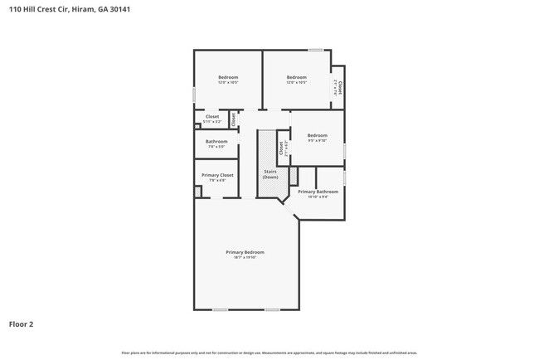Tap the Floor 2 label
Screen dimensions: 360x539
coord(22,324)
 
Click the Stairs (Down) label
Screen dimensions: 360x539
coord(270,174)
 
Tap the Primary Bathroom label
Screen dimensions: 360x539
coord(318,192)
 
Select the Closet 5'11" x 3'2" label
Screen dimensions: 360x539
coord(212,119)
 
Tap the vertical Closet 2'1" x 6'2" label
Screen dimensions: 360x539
coord(283,148)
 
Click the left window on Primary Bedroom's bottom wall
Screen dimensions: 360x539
coord(220,309)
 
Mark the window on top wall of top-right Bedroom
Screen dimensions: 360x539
coord(316,51)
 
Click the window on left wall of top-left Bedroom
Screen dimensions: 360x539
coord(194,95)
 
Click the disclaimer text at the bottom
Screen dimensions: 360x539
coord(269,353)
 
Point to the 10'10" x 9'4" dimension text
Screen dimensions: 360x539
coord(318,197)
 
